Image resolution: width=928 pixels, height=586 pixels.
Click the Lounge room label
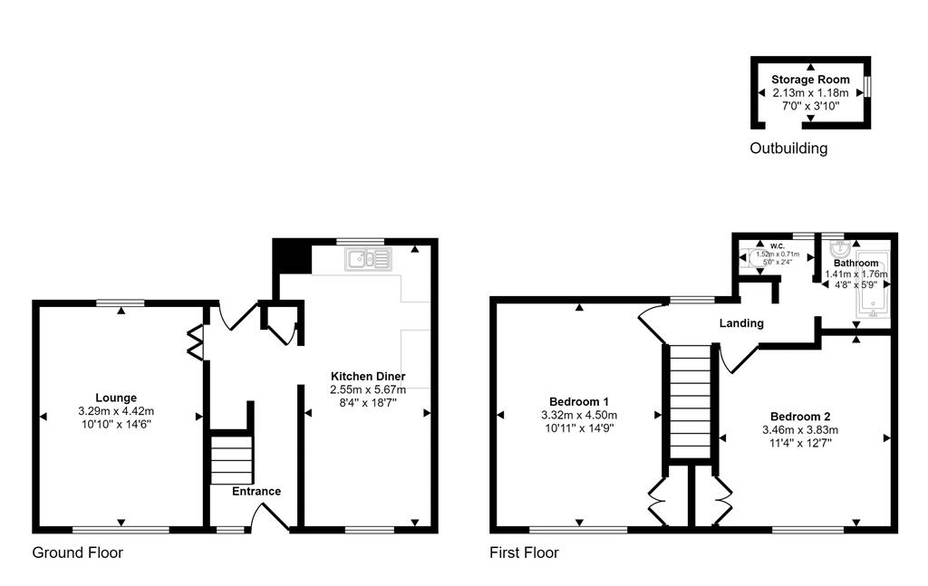116,397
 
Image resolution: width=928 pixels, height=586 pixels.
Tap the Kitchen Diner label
367,376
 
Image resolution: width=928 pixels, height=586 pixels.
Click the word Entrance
256,491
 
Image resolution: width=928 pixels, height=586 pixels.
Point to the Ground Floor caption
78,552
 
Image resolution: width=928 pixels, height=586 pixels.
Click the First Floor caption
524,552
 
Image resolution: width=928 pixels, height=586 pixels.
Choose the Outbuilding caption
788,149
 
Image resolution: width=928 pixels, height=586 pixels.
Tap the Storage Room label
810,80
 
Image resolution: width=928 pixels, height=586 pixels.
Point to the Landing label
741,323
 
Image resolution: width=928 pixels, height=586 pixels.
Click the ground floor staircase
230,458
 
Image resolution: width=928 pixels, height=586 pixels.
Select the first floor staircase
691,403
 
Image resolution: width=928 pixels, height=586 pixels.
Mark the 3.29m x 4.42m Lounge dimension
116,410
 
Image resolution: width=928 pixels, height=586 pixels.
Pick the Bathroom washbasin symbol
838,248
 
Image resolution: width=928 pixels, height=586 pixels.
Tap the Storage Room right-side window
867,85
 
